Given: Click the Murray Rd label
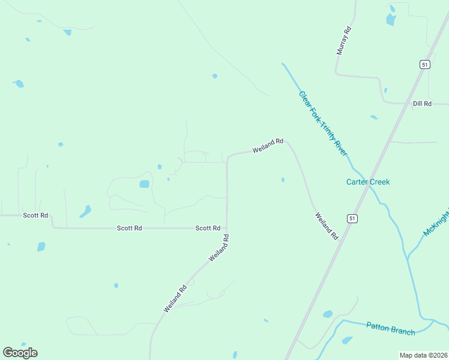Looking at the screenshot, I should point(344,41).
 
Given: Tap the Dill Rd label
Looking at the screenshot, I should point(423,104).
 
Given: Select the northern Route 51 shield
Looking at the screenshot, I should point(424,65).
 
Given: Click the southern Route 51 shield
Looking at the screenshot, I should point(352,218).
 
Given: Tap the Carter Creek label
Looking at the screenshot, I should point(368,182).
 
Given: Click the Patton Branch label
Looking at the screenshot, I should point(390,329).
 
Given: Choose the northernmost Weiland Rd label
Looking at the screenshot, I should point(268,145).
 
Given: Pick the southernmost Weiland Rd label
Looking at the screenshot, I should point(175,298).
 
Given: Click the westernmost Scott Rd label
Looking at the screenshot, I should point(35,215).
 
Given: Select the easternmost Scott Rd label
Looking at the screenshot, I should point(208,228).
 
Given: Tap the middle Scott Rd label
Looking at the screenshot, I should point(130,228).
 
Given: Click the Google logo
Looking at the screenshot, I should point(20,353).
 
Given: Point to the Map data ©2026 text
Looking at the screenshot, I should point(423,355).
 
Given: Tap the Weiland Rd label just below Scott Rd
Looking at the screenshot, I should point(219,247).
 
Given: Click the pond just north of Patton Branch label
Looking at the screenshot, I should point(327,314).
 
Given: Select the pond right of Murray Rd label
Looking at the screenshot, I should point(391,20).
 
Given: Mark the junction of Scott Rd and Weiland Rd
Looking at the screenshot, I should point(227,228).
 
